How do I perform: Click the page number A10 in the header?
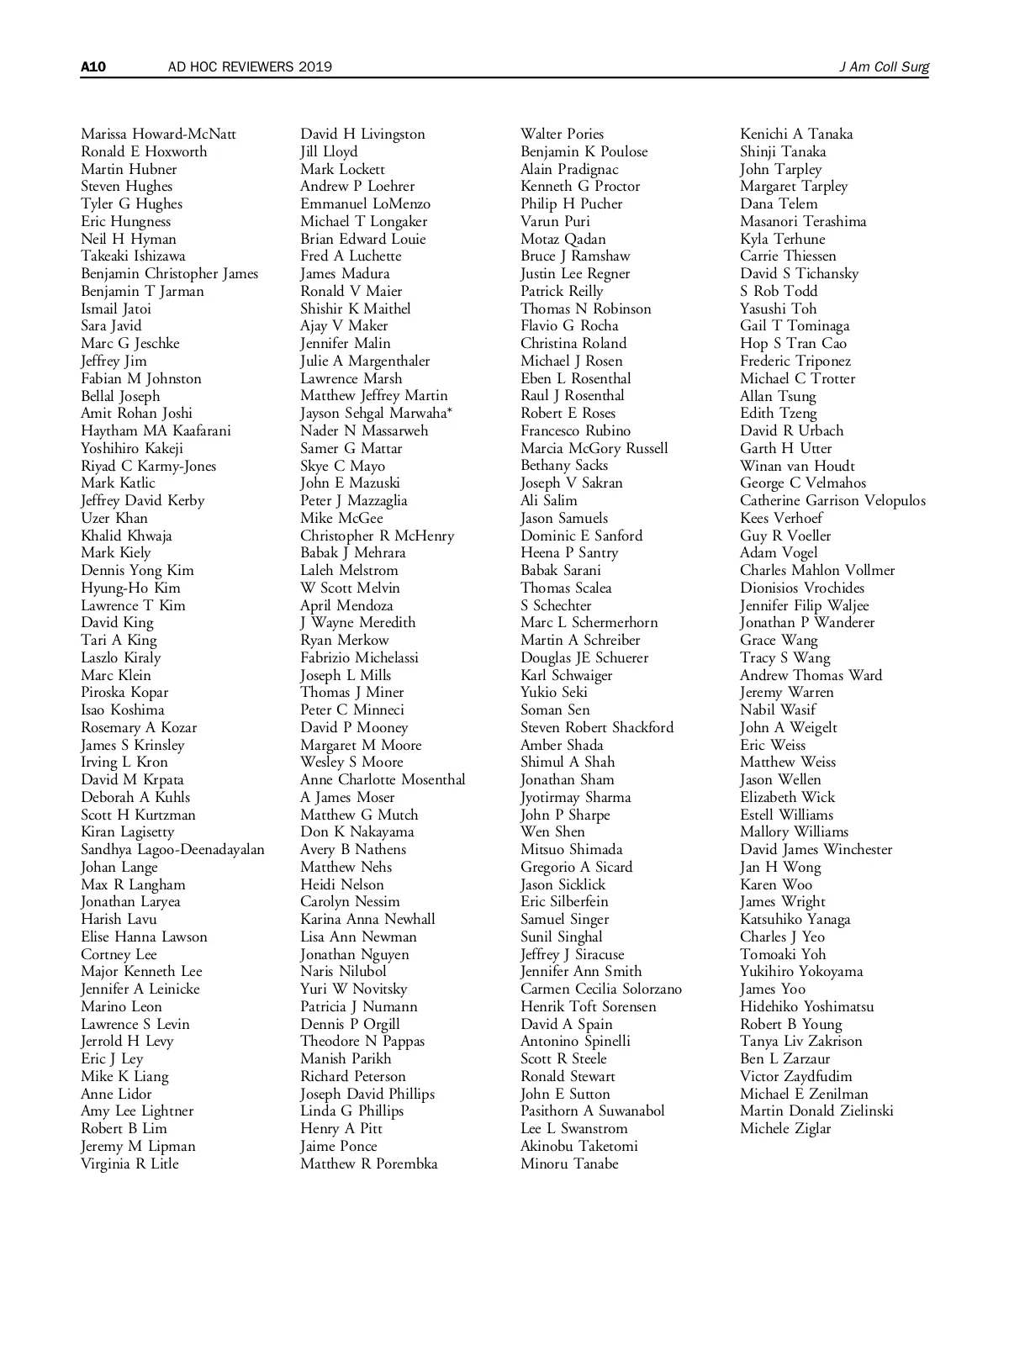93,67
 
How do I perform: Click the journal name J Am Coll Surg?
884,67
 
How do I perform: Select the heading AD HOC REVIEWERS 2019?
250,67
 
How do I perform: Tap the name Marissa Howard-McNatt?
158,135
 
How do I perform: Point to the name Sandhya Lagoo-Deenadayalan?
172,850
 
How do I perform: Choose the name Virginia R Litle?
129,1164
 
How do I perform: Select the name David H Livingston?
362,135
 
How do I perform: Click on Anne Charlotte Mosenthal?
383,780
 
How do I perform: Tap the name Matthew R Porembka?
368,1164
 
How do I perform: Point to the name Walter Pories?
562,135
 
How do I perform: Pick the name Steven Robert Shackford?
597,728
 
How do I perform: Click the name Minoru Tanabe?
569,1164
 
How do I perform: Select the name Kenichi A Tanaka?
795,135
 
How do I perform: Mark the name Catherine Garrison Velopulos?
832,501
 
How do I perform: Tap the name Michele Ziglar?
785,1129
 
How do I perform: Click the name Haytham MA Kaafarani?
156,431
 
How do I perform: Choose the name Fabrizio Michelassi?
359,658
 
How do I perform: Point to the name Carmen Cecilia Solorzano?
601,989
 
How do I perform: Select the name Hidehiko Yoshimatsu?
806,1007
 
